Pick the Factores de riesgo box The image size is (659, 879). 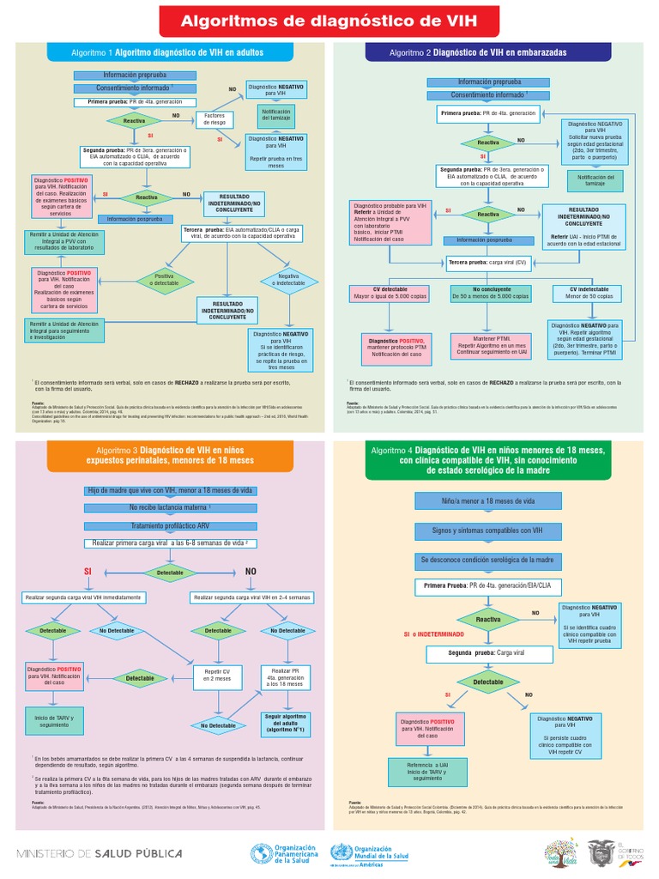point(214,119)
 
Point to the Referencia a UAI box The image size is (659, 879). point(432,771)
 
